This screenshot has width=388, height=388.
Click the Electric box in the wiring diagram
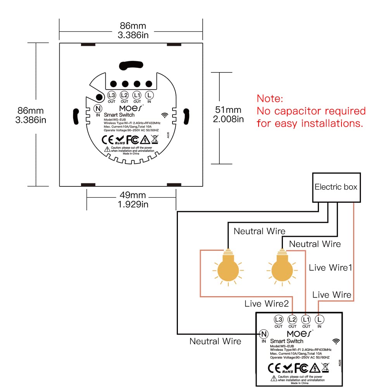[336, 187]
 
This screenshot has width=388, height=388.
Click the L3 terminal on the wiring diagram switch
[278, 319]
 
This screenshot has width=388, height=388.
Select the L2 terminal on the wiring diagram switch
[292, 319]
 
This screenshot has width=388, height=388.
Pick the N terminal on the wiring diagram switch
[264, 334]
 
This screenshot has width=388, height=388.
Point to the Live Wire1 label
[330, 267]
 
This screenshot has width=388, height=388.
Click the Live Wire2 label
[267, 304]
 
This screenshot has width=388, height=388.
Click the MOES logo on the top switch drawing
[130, 107]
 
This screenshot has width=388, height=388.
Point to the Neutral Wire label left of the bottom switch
[215, 341]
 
